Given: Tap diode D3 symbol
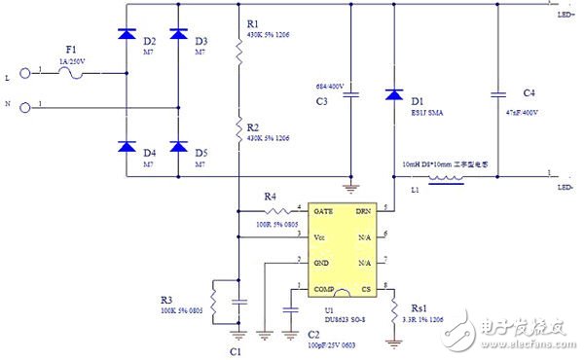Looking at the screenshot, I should [x=178, y=35].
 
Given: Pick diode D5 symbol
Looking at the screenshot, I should [x=178, y=146].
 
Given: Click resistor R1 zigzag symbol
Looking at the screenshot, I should [x=237, y=56].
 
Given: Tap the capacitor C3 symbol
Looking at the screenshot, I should [x=352, y=94].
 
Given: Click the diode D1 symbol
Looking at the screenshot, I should [x=393, y=95].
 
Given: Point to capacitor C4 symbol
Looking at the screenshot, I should [x=499, y=94].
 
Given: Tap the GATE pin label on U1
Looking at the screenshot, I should [x=324, y=210].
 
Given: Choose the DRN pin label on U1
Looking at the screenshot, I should [x=362, y=210].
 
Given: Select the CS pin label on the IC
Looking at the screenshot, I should [x=365, y=289].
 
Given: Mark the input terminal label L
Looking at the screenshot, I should [x=9, y=72].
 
